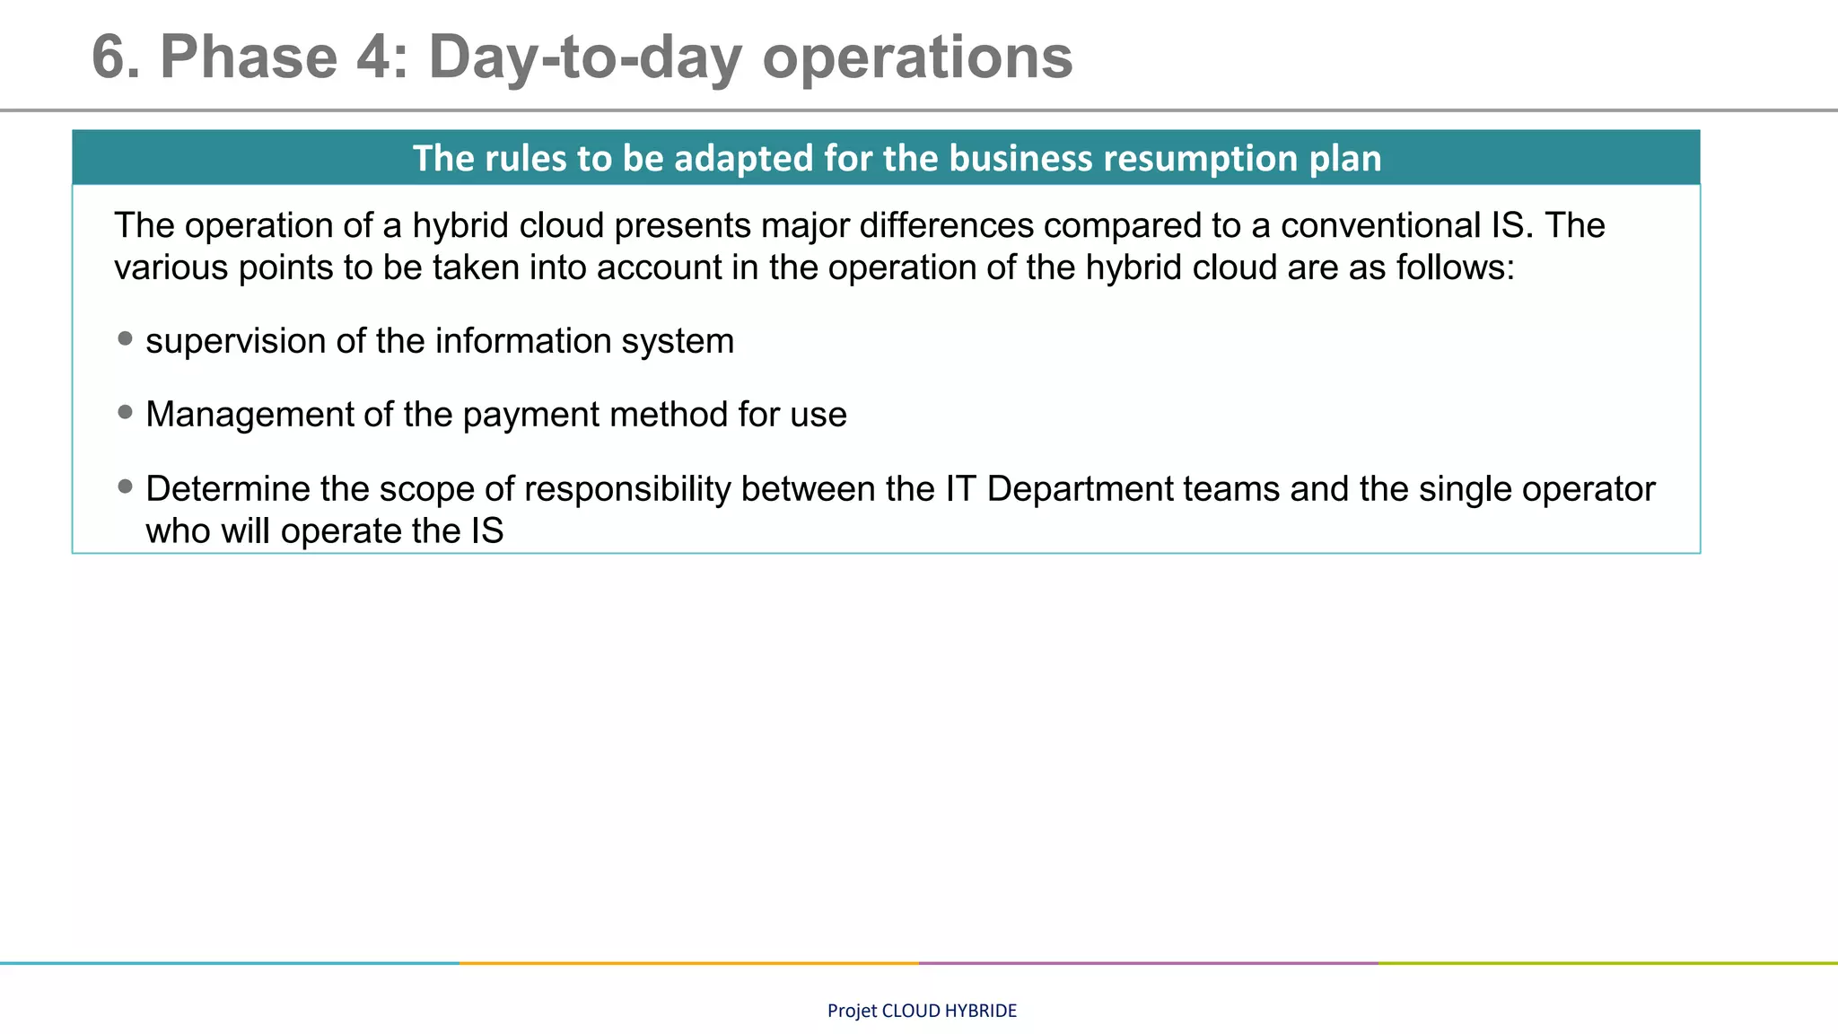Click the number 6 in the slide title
(x=112, y=58)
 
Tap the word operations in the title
(x=917, y=58)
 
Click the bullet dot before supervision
(x=126, y=339)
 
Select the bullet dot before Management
(x=126, y=413)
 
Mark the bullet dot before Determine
(x=126, y=487)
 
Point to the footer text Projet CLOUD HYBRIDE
(x=922, y=1011)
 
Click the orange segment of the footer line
(x=689, y=963)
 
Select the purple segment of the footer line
(x=1149, y=963)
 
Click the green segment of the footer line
(x=1608, y=963)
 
